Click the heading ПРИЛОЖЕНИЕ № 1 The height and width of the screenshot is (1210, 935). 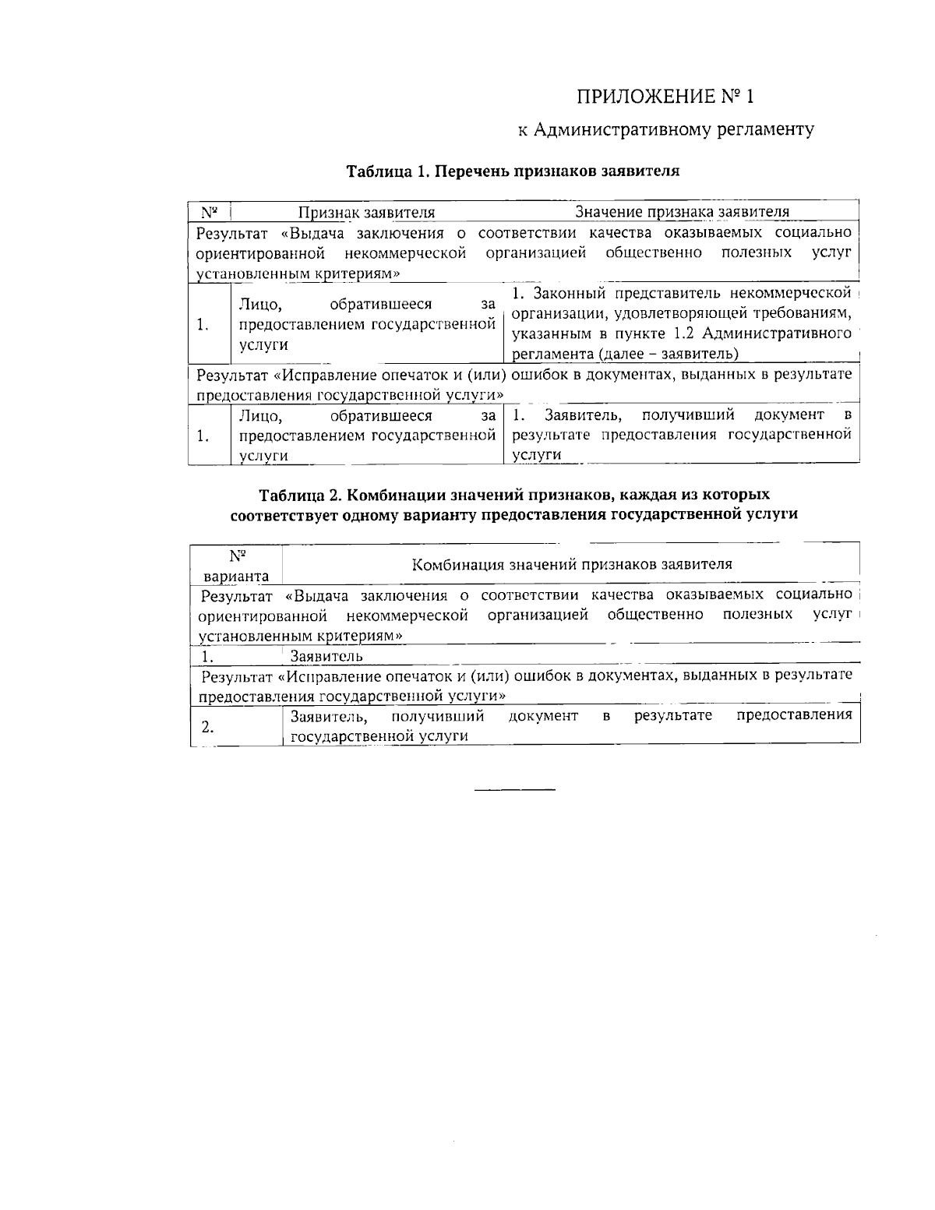pos(665,97)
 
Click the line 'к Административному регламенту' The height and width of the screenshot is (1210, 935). pos(666,129)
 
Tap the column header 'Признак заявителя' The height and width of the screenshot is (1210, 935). pos(367,212)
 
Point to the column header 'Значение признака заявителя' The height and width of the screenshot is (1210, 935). pos(682,212)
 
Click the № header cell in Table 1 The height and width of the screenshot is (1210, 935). pos(209,212)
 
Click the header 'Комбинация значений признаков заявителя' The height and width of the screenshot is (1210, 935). pos(571,564)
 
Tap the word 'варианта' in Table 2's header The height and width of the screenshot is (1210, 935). pos(236,577)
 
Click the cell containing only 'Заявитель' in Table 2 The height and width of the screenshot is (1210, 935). pos(326,656)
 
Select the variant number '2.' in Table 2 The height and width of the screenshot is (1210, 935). pos(207,727)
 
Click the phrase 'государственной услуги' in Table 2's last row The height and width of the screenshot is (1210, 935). pos(379,736)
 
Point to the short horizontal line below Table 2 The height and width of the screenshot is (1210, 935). pos(515,791)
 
